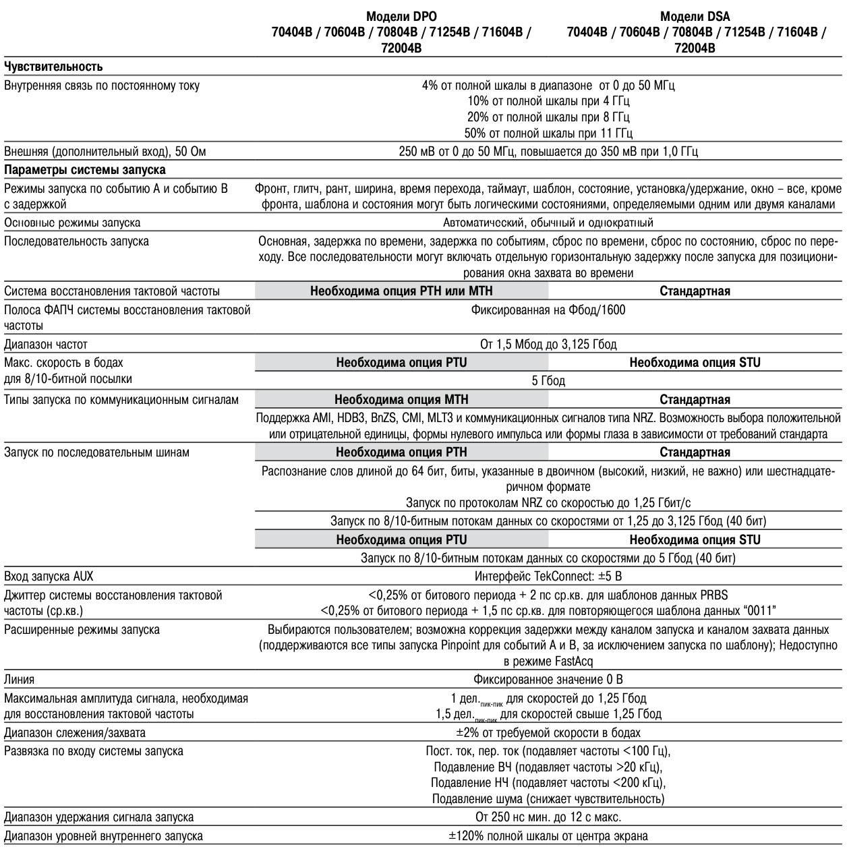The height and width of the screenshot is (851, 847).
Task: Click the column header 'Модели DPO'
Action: pos(401,17)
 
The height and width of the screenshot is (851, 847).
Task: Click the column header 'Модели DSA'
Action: pos(695,17)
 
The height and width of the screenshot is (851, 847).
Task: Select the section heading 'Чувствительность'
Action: pos(53,67)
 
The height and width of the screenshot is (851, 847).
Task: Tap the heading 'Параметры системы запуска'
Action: pos(85,170)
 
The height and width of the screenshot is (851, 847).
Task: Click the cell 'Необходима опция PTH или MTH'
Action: pos(401,291)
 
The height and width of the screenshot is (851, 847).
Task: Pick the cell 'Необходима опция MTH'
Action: pos(401,400)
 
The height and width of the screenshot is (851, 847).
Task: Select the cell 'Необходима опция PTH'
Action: pos(401,452)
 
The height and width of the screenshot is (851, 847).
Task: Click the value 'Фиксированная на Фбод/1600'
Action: pos(548,310)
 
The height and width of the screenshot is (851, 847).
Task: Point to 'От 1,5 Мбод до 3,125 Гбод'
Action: pos(548,345)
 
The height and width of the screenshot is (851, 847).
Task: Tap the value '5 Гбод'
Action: pos(548,381)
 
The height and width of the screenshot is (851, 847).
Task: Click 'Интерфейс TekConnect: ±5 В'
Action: pos(548,577)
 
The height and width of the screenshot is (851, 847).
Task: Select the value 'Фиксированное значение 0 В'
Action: pos(548,679)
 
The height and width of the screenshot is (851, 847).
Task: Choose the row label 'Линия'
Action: pos(20,679)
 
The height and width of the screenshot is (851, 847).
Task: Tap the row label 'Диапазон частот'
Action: pos(46,345)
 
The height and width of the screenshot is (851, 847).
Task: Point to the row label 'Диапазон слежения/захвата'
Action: pos(75,732)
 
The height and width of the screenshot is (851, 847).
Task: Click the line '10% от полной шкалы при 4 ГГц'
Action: pos(548,101)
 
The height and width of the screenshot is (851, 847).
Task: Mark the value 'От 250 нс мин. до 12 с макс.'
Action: pos(548,817)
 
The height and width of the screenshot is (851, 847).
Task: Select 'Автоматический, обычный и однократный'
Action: pos(548,223)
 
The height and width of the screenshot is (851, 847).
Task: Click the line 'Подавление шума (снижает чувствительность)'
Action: pos(548,800)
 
